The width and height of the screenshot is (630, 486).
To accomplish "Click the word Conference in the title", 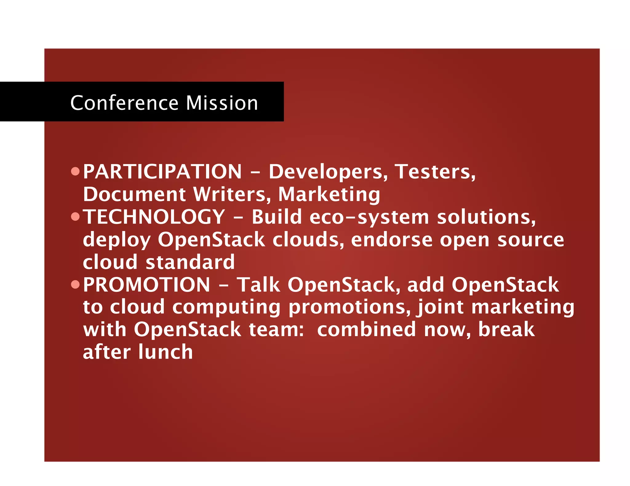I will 124,103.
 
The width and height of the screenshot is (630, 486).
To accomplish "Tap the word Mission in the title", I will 222,103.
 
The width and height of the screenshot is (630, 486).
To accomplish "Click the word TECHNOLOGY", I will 154,217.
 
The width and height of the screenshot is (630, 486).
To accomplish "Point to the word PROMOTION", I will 147,284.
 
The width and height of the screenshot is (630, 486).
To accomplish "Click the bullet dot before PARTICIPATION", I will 75,171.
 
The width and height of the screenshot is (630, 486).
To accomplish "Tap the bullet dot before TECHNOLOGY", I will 75,217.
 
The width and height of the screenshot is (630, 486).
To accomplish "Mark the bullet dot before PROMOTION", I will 75,284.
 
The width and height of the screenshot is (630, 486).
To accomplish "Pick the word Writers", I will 232,194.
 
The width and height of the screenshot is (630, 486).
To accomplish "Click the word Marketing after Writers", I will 329,195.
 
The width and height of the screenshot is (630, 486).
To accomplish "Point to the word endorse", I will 392,240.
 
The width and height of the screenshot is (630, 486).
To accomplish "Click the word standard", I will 190,262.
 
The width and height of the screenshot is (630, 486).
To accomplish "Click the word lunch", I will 165,352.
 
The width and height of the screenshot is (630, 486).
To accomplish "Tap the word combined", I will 366,329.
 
